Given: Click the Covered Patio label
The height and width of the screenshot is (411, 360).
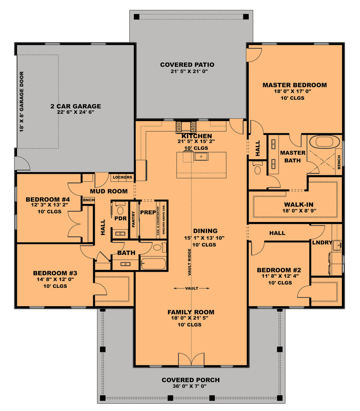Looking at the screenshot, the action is (187, 65).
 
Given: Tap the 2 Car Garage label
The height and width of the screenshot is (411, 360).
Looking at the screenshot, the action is (76, 106).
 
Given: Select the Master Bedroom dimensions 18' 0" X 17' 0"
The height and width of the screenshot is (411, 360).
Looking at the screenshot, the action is (292, 92).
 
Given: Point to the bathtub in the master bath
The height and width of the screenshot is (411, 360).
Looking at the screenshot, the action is (324, 142).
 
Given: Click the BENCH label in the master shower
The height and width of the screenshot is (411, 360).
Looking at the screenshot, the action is (339, 162).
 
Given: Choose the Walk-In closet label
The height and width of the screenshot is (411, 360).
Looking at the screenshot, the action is (299, 204).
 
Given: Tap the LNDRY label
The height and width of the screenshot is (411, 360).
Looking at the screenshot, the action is (322, 242).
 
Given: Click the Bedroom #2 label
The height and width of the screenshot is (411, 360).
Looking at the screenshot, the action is (279, 270).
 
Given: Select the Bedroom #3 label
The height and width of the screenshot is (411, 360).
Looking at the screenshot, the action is (55, 273).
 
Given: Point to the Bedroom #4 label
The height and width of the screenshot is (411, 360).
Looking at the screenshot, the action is (48, 199).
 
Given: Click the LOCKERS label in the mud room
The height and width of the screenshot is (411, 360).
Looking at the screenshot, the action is (122, 177).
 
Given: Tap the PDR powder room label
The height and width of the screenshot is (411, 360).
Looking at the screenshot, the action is (121, 218).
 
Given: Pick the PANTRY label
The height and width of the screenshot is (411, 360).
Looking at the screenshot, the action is (133, 219).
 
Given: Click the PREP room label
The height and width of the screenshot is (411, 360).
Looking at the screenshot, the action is (148, 212).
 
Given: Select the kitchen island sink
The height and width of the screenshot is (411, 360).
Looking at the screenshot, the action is (201, 157).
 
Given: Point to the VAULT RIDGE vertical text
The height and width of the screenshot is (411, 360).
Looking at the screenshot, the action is (190, 262).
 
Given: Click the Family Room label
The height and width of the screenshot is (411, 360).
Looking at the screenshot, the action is (191, 312).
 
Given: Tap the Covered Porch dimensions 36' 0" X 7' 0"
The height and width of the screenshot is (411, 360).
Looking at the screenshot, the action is (190, 386).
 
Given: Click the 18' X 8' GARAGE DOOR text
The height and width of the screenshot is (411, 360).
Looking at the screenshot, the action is (22, 102).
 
